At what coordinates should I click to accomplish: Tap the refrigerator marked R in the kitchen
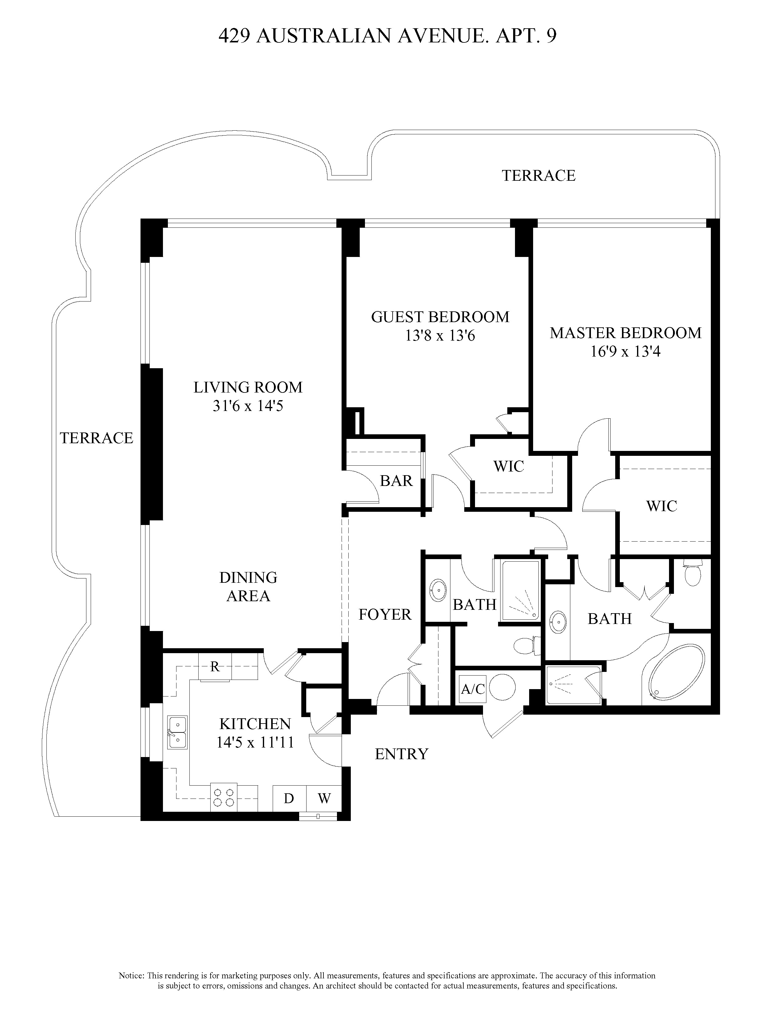(215, 667)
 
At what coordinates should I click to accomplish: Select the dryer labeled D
(289, 799)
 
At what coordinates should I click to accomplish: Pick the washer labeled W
(324, 799)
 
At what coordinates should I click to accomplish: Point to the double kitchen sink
(177, 732)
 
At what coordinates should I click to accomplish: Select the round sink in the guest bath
(438, 590)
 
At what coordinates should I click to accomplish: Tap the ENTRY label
(401, 754)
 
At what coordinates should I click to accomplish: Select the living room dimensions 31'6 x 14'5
(248, 406)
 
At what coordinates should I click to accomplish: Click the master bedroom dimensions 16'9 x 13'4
(625, 351)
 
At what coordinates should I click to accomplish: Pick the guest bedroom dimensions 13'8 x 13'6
(440, 335)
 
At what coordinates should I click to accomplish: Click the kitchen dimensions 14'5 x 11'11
(255, 742)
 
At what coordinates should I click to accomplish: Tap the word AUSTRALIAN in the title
(324, 36)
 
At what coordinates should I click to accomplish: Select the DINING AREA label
(248, 586)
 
